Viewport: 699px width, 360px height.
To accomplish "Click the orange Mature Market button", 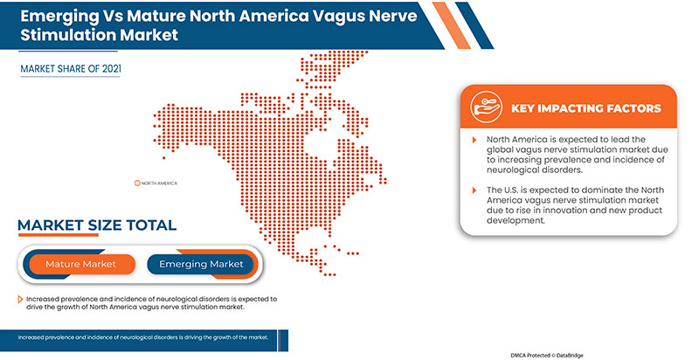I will pyautogui.click(x=80, y=264).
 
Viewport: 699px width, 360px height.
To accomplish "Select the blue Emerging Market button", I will pyautogui.click(x=201, y=264).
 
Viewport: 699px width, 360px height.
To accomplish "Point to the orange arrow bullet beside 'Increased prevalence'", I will pyautogui.click(x=21, y=299).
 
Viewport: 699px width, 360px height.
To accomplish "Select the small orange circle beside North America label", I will pyautogui.click(x=136, y=183).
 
